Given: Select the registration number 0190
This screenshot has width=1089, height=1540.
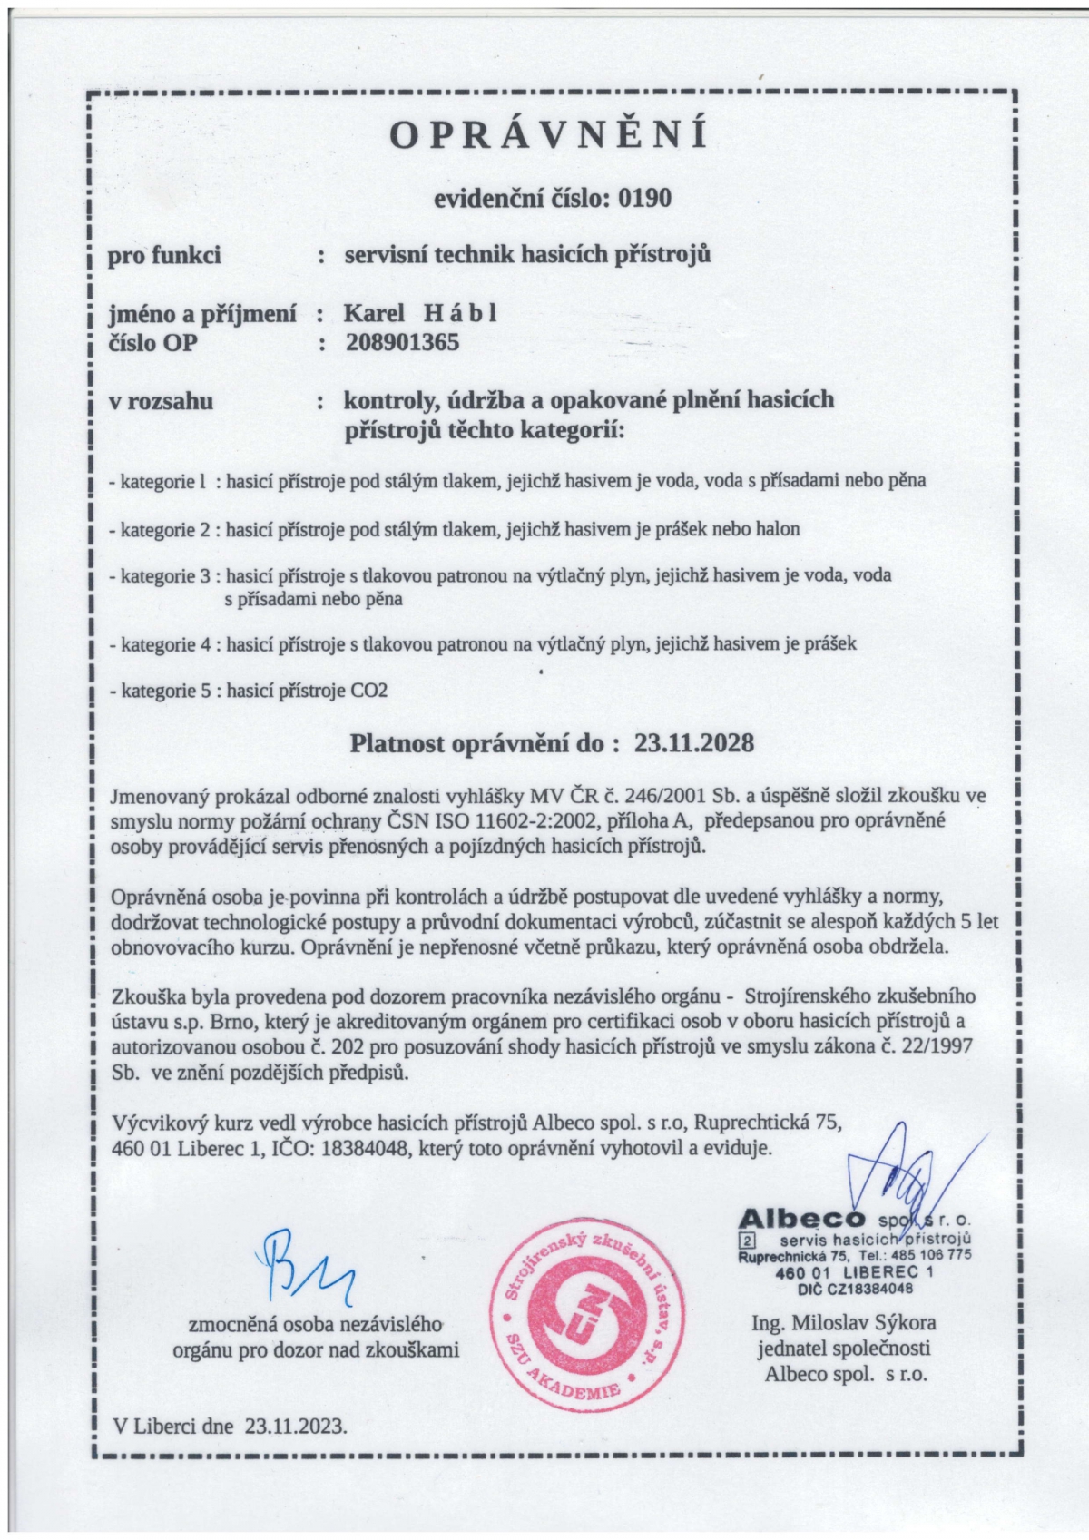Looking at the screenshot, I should pyautogui.click(x=643, y=198).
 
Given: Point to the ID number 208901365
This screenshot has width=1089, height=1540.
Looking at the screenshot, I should pyautogui.click(x=402, y=342).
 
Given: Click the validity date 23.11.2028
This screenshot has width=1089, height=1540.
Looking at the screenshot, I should pyautogui.click(x=694, y=744).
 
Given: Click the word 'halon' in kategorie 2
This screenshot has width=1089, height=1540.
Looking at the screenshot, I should pyautogui.click(x=778, y=528).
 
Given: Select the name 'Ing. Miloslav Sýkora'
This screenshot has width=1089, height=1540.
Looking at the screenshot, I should pyautogui.click(x=844, y=1322).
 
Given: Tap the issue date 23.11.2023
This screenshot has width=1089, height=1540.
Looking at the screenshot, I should pyautogui.click(x=295, y=1425).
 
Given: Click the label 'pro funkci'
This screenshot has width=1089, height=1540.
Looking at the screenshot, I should pyautogui.click(x=164, y=255).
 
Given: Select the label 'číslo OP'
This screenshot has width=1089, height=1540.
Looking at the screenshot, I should pyautogui.click(x=152, y=342).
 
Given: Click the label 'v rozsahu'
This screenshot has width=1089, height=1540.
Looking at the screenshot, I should pyautogui.click(x=161, y=400).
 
